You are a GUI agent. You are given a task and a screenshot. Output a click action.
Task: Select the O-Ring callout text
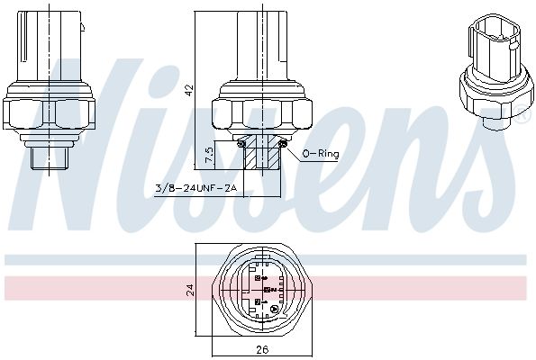(x=320, y=154)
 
